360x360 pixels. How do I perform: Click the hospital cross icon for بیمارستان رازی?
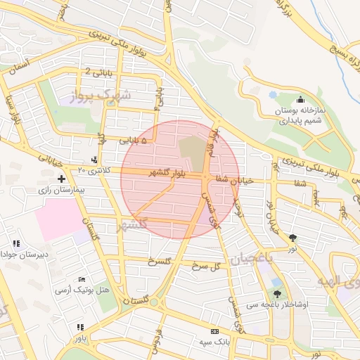[x=62, y=179]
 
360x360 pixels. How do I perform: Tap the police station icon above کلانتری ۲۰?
[x=95, y=160]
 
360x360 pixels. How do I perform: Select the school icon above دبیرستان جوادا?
[x=16, y=243]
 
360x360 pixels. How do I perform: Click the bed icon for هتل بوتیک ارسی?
[x=82, y=280]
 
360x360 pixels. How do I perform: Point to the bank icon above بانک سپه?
[x=214, y=331]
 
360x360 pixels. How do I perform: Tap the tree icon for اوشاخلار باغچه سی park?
[x=277, y=294]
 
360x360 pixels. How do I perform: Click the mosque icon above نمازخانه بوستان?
[x=301, y=99]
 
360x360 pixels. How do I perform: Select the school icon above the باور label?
[x=81, y=327]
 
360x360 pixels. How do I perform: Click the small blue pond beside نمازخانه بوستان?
[x=273, y=94]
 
